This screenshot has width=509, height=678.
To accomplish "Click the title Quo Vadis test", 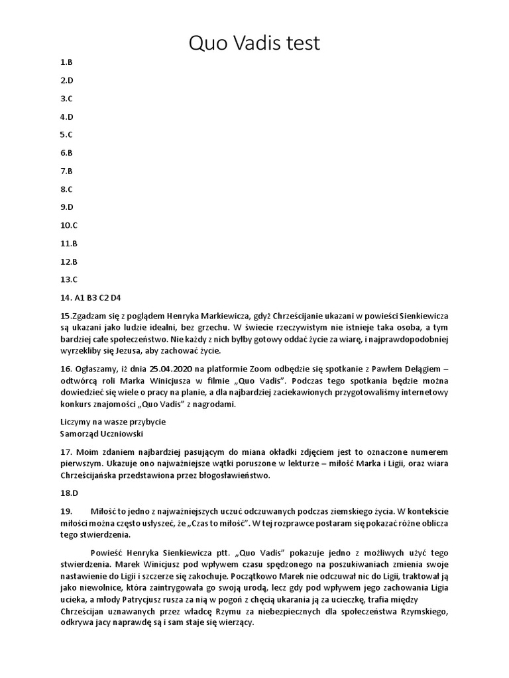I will (x=254, y=43).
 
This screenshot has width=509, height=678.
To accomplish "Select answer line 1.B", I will (x=66, y=62).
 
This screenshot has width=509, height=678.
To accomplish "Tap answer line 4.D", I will (x=66, y=117).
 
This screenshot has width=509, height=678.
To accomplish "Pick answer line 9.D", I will (x=66, y=207).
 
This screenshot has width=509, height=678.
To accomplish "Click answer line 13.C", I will (x=69, y=279).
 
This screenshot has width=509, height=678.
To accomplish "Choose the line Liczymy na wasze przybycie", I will (x=113, y=422).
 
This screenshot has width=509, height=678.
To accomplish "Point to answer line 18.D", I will (x=69, y=493).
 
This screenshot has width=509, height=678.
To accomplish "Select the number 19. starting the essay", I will (x=66, y=511).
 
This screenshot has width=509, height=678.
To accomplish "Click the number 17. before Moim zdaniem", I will (x=66, y=452).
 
